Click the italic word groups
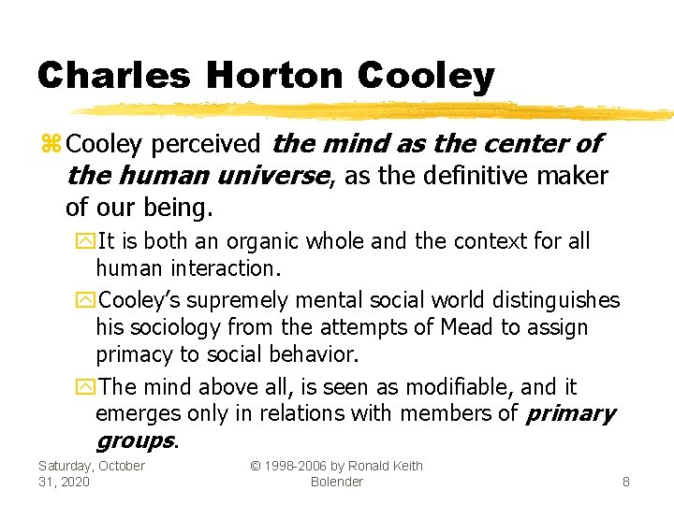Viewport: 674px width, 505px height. [x=134, y=440]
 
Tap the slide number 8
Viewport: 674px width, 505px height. [x=626, y=483]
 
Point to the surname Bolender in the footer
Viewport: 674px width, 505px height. [x=336, y=482]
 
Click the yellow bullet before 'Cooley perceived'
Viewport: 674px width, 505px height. [x=51, y=145]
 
